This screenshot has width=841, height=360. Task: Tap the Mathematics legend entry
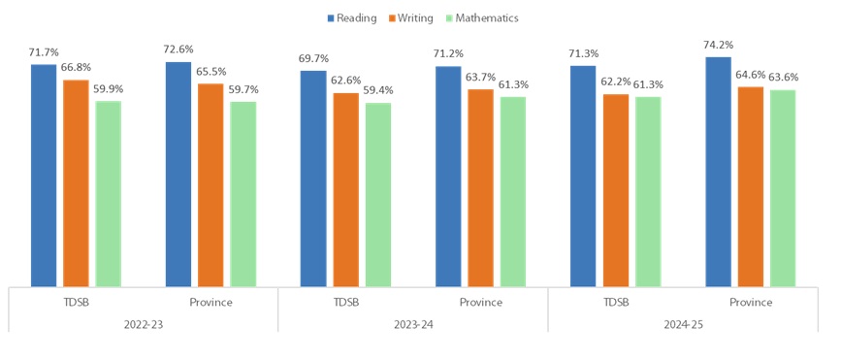tap(482, 17)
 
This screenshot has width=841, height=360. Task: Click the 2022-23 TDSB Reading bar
tap(44, 175)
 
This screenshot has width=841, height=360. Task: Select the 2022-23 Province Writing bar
tap(210, 184)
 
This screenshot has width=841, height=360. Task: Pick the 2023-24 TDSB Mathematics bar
tap(378, 194)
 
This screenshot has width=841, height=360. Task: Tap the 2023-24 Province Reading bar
tap(448, 176)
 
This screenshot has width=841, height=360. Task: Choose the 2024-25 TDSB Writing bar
tap(616, 190)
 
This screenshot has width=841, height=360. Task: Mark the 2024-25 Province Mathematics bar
tap(783, 188)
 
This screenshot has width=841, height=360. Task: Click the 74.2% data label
tap(718, 45)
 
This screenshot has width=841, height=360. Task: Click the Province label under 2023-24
tap(480, 302)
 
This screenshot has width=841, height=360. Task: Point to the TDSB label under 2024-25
tap(615, 302)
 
